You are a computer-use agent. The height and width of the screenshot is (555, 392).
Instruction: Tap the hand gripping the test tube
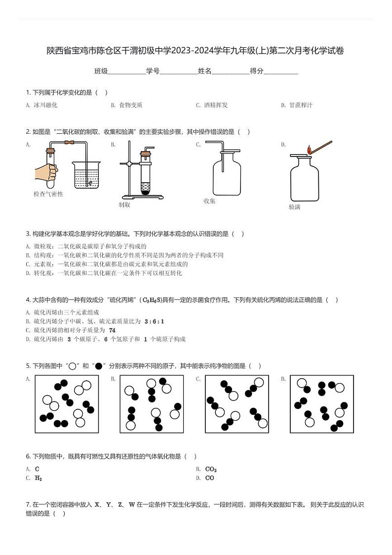click(x=46, y=172)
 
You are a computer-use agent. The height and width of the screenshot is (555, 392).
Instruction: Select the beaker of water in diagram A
click(x=86, y=175)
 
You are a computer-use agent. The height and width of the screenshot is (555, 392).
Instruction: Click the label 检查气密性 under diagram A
click(x=48, y=194)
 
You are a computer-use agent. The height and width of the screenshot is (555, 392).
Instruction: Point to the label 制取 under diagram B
click(x=124, y=204)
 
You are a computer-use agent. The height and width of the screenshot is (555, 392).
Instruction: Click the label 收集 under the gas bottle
click(x=209, y=201)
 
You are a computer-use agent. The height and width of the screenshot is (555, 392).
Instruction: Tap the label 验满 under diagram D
click(x=294, y=207)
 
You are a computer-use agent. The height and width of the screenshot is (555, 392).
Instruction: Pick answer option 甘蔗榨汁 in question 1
click(x=301, y=105)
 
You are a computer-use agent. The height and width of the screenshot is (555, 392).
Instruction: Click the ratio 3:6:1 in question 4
click(x=154, y=321)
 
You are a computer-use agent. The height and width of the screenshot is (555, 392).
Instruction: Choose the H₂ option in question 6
click(x=39, y=478)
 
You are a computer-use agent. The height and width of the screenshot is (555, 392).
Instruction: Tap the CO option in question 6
click(x=209, y=478)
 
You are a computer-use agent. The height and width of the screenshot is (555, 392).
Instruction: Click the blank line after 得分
click(x=281, y=72)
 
